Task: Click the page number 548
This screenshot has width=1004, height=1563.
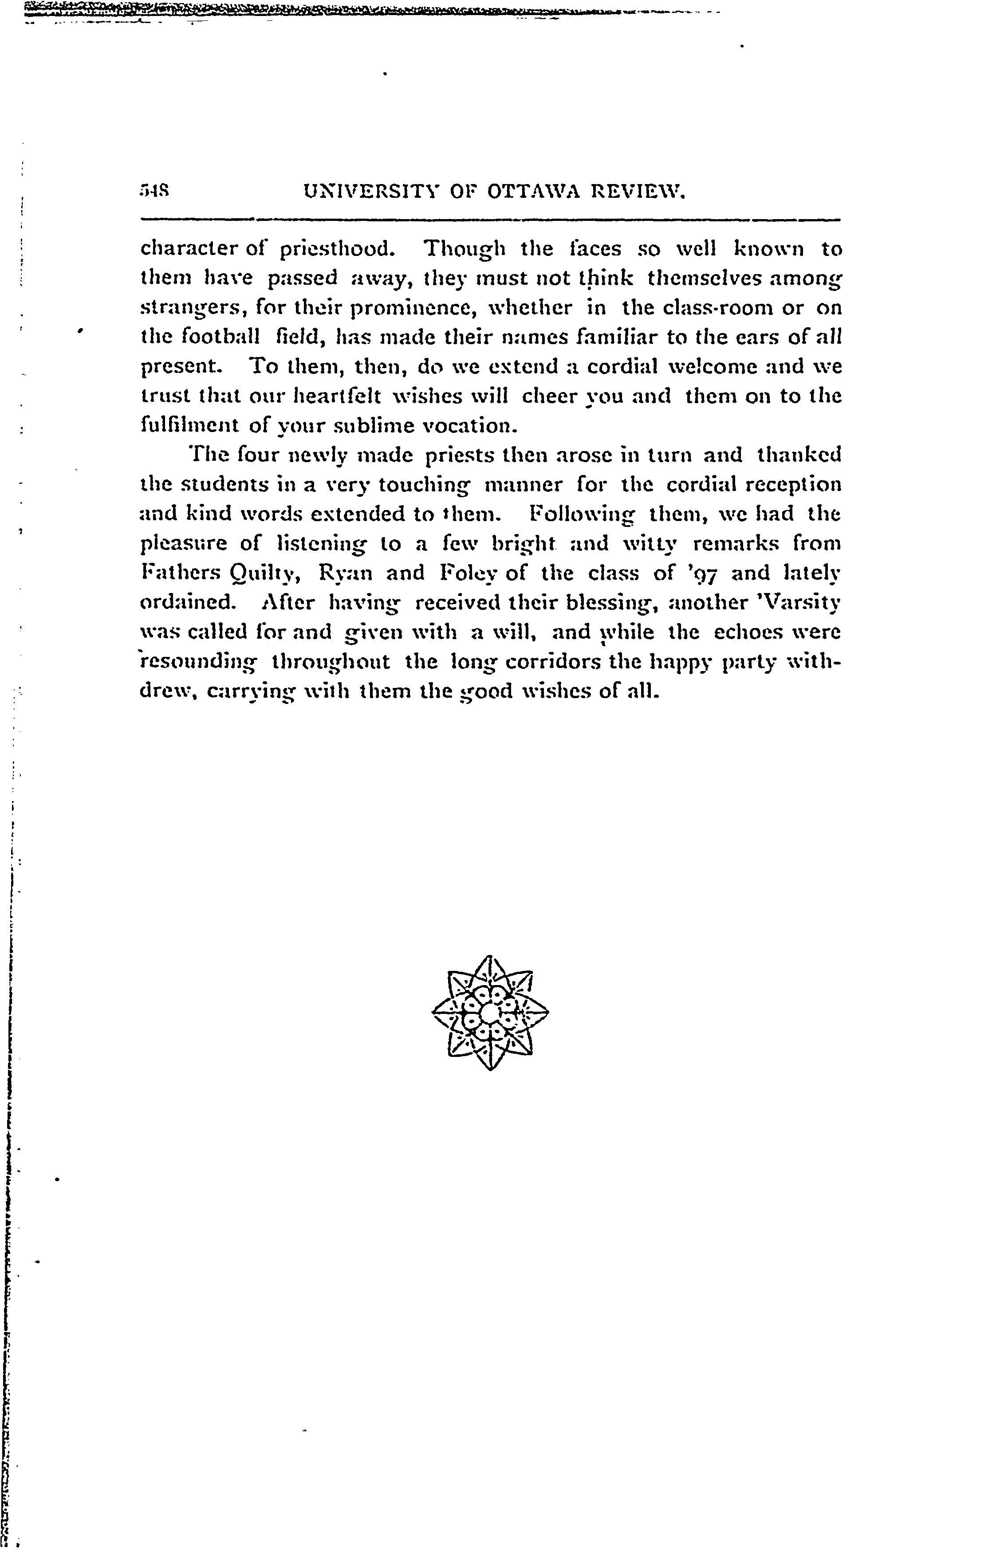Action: click(154, 192)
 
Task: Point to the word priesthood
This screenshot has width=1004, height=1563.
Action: click(337, 249)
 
